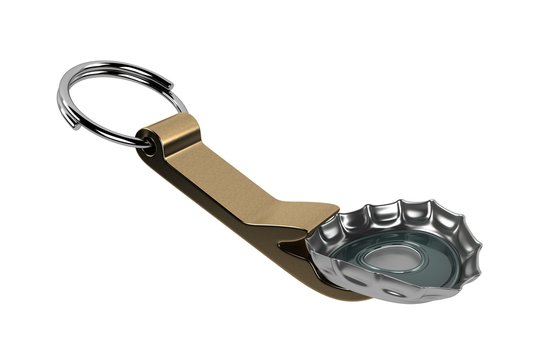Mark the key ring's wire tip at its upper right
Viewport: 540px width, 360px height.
point(181,100)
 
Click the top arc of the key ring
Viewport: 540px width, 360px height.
point(120,62)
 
